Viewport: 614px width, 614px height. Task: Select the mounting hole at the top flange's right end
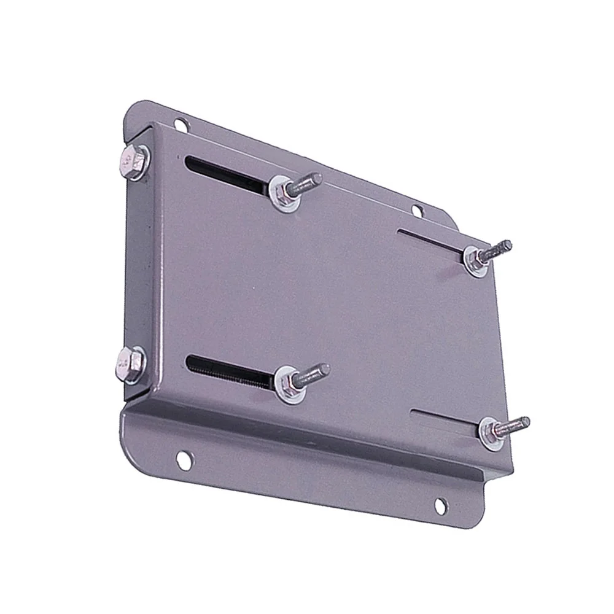pos(418,211)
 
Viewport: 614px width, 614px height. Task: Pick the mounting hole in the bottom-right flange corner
pos(441,505)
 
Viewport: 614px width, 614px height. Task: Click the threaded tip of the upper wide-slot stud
pos(316,179)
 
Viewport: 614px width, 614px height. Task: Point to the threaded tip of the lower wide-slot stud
pos(324,369)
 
